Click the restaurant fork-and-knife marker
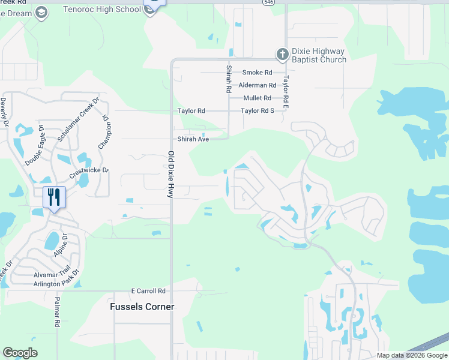point(54,197)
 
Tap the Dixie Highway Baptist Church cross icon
point(282,55)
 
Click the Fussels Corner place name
point(142,307)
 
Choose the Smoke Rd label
point(257,73)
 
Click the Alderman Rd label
point(257,85)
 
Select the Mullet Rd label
point(257,98)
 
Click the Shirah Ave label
point(192,139)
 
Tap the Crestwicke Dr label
point(89,170)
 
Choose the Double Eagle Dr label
point(35,146)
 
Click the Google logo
point(20,353)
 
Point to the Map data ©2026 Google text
point(412,355)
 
